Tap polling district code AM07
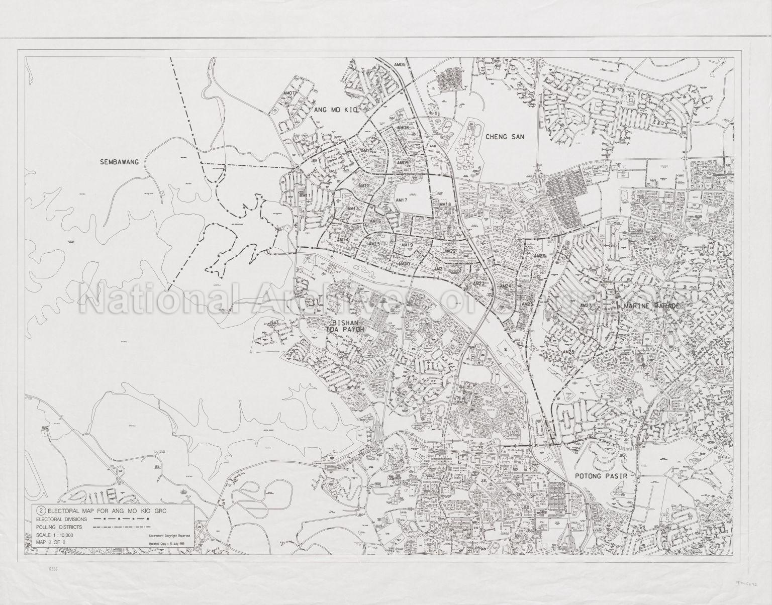click(289, 93)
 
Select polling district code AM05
click(399, 65)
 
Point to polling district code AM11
click(305, 195)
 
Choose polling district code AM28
click(568, 352)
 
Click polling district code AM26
click(540, 256)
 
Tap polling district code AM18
click(445, 205)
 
